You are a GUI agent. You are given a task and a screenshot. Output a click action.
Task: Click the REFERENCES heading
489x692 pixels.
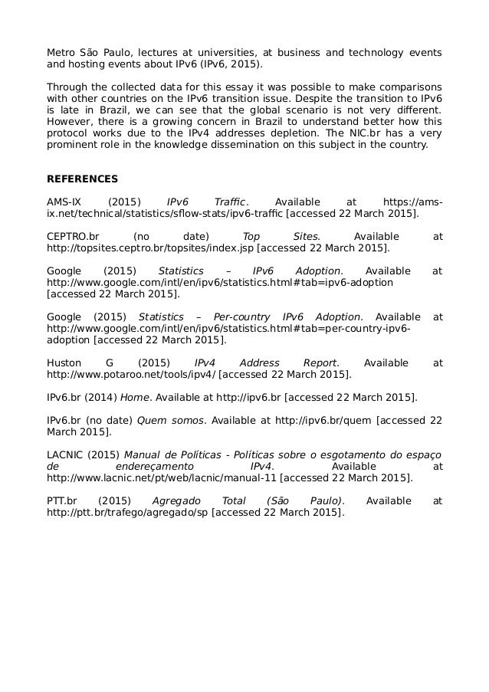point(83,179)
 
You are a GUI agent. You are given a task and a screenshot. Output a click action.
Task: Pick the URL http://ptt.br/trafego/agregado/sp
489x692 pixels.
point(128,513)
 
